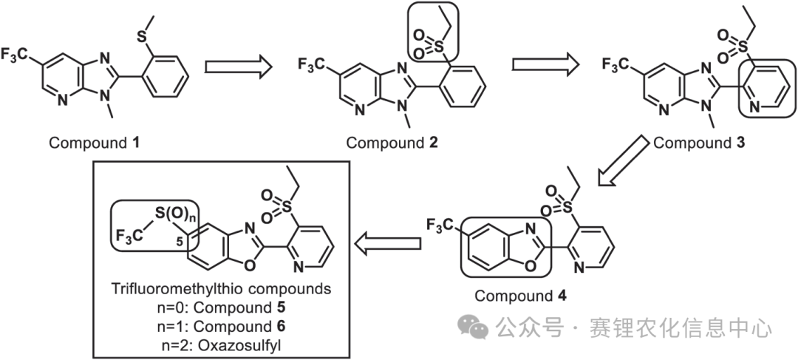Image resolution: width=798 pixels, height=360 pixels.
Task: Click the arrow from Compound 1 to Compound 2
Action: point(238,67)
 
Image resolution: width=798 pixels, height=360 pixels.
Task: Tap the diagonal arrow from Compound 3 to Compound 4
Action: point(624,161)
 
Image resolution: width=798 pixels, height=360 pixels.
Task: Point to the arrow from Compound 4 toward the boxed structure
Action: point(388,243)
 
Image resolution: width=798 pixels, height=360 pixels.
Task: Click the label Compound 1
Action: point(94,142)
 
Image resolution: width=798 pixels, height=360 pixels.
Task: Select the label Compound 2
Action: point(392,143)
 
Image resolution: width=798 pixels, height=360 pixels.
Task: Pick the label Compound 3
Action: point(699,143)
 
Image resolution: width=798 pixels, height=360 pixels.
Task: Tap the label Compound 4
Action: point(520,296)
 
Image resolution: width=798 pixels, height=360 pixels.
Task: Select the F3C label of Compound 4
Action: point(439,224)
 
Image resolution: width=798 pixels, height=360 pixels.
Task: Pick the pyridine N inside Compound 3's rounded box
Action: point(755,107)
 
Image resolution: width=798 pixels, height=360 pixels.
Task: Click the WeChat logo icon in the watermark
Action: point(474,326)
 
